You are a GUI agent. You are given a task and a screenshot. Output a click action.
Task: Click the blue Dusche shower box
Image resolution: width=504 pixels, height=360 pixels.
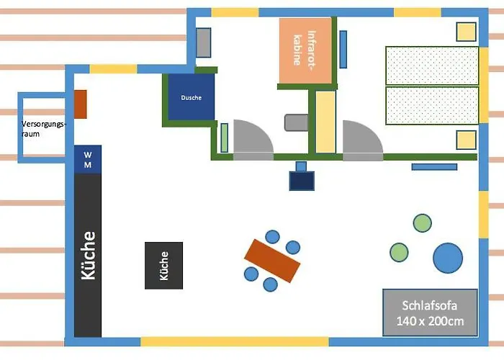click(x=191, y=98)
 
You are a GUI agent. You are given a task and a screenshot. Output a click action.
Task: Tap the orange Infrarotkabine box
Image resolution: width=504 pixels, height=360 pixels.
click(x=306, y=50)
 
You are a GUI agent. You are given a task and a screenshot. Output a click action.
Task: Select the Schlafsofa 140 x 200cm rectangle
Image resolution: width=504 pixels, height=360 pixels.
click(x=430, y=312)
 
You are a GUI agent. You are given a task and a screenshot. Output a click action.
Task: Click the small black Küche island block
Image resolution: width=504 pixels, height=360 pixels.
click(x=163, y=265)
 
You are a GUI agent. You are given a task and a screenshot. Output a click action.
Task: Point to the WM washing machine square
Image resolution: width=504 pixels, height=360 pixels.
click(x=88, y=159)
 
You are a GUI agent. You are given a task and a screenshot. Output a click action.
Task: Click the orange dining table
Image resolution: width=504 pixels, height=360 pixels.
click(x=271, y=261)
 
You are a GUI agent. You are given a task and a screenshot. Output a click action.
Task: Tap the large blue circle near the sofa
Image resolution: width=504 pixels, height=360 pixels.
click(x=447, y=258)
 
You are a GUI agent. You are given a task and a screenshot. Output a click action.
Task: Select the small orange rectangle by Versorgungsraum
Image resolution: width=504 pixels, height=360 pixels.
click(x=81, y=104)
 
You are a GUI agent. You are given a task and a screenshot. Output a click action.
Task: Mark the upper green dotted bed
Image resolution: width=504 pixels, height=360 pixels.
click(x=432, y=66)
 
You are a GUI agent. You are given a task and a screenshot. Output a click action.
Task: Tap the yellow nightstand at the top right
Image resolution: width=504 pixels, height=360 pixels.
click(x=467, y=32)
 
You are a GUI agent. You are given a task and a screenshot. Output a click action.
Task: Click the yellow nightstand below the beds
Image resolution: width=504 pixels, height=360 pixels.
click(x=466, y=140)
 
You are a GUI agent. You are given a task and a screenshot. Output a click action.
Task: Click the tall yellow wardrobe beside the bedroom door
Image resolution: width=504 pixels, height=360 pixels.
click(x=325, y=122)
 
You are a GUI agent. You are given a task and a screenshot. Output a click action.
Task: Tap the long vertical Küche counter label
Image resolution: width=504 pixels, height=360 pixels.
click(x=88, y=256)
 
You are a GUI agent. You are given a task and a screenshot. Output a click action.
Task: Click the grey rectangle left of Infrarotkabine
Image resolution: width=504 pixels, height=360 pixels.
click(x=204, y=43)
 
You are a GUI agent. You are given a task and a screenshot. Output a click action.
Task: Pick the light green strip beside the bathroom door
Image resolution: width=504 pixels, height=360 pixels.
click(x=224, y=138)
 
